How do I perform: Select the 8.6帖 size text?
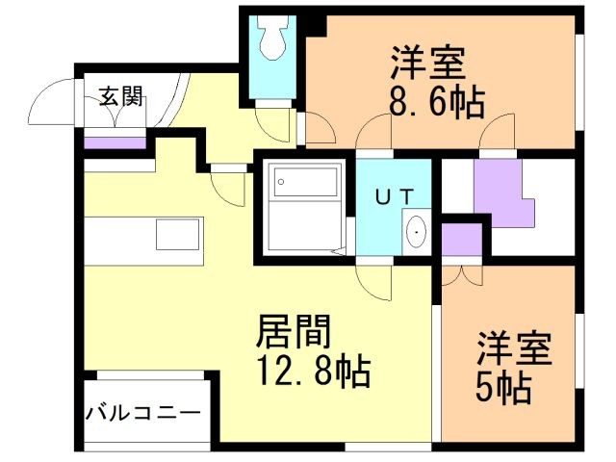tap(436, 99)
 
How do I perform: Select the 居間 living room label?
tap(294, 332)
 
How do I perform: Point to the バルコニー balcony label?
tap(143, 412)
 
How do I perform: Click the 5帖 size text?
tap(502, 387)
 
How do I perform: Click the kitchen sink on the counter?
tap(179, 234)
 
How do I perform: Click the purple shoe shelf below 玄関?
tap(114, 142)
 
